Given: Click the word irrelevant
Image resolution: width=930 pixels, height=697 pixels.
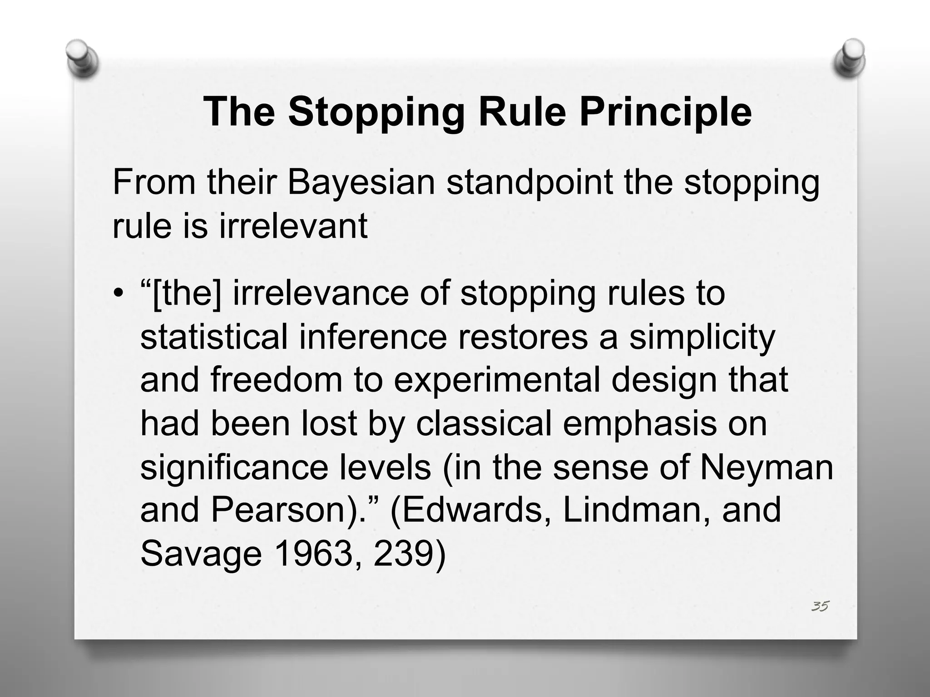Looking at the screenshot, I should [x=293, y=226].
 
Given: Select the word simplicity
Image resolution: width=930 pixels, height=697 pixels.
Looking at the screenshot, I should [x=702, y=337].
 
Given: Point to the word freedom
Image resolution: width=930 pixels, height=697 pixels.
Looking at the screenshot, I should [x=276, y=380].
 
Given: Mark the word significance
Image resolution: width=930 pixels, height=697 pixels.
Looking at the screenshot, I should [x=234, y=467].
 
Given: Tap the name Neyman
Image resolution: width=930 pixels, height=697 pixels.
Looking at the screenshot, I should [x=766, y=467].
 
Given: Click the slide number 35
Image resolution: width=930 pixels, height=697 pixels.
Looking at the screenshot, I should [x=820, y=606].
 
